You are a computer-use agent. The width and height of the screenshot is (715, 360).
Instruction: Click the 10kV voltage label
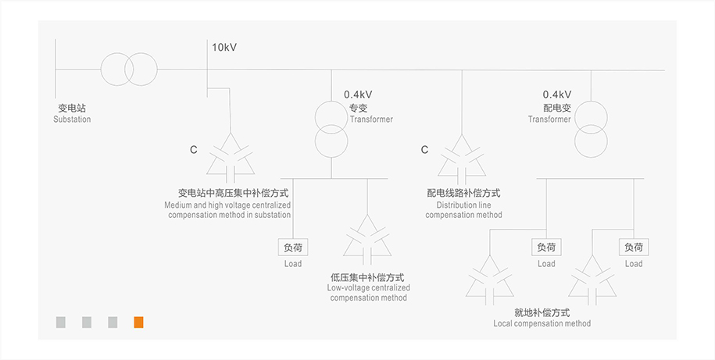tap(224, 48)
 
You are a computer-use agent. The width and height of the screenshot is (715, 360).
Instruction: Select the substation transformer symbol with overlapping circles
tap(128, 70)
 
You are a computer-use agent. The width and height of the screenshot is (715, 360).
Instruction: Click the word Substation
tap(72, 119)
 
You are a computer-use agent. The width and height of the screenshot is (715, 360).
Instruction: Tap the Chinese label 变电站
tap(72, 109)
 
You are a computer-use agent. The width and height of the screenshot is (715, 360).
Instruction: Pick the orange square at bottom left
tap(138, 322)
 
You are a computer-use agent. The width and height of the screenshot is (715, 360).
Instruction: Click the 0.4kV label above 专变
tap(358, 94)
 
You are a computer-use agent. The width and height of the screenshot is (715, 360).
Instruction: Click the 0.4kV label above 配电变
tap(557, 94)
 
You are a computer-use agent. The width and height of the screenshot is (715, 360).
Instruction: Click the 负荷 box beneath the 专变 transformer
tap(293, 248)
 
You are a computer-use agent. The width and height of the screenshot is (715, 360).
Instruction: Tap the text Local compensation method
tap(542, 323)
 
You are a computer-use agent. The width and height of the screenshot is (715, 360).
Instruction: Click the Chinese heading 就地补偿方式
tap(542, 312)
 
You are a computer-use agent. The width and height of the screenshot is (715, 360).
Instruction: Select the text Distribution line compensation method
tap(463, 209)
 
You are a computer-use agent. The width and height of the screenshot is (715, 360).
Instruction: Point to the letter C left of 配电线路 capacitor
tap(424, 149)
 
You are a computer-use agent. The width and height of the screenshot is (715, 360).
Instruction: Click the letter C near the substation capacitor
tap(194, 149)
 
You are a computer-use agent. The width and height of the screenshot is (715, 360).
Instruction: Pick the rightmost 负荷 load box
tap(634, 248)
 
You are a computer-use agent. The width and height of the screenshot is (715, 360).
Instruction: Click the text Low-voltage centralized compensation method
tap(367, 293)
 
